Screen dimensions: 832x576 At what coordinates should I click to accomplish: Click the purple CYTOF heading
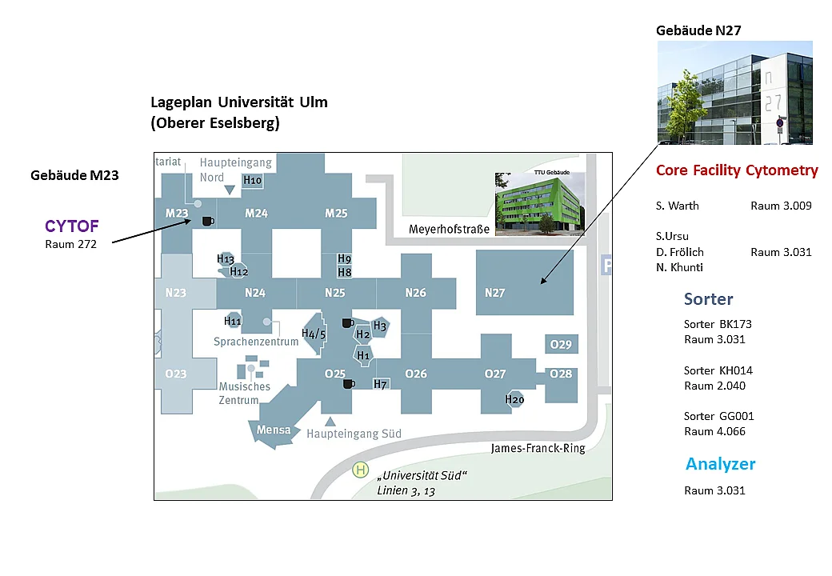[x=72, y=226]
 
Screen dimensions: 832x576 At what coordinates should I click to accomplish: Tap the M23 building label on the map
[x=177, y=214]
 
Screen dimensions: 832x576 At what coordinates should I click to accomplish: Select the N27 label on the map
[x=494, y=293]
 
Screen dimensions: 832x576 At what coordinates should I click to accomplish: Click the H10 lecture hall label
[x=252, y=180]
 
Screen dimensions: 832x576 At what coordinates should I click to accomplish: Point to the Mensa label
[x=274, y=430]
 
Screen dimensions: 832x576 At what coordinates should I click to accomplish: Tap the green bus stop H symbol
[x=360, y=470]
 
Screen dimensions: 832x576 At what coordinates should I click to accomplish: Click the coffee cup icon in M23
[x=208, y=221]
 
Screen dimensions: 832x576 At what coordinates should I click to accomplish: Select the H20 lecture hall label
[x=514, y=399]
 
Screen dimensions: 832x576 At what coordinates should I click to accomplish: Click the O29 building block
[x=562, y=344]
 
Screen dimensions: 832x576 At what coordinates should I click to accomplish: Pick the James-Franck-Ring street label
[x=538, y=449]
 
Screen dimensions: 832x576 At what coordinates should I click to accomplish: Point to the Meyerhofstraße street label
[x=449, y=230]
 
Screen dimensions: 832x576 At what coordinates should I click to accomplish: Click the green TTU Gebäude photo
[x=540, y=204]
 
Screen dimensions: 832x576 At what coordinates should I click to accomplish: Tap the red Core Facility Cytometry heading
[x=737, y=170]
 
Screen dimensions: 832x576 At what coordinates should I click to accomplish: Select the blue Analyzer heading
[x=720, y=464]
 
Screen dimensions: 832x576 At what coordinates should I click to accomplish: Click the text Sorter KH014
[x=718, y=370]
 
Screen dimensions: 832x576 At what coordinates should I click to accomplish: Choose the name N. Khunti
[x=679, y=267]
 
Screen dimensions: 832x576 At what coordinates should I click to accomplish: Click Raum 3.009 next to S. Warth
[x=781, y=206]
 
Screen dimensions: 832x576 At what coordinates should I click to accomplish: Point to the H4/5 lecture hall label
[x=313, y=334]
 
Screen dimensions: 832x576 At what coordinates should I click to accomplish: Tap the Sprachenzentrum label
[x=256, y=342]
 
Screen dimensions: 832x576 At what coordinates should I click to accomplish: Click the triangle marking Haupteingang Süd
[x=330, y=422]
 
